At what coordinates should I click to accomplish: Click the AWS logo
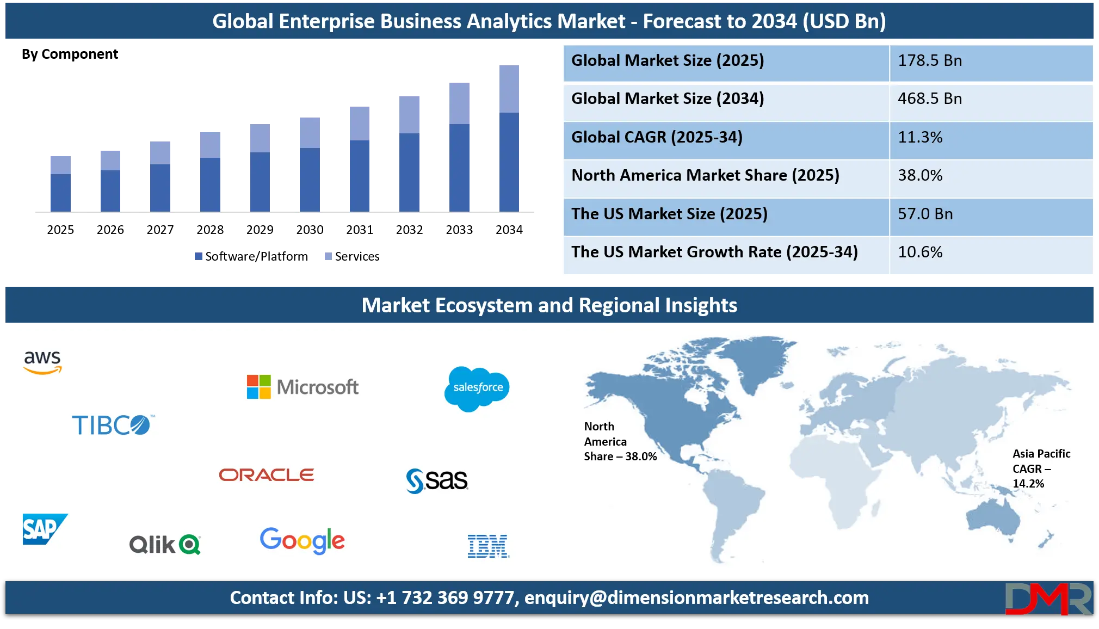pos(42,362)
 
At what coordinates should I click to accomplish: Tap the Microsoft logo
pos(302,387)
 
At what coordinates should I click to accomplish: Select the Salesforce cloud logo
pos(477,388)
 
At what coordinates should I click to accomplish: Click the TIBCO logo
pos(113,425)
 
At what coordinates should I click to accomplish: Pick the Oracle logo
pos(267,475)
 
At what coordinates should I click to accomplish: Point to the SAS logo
pos(437,480)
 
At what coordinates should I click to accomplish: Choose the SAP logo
pos(44,529)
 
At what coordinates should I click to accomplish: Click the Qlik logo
pos(165,544)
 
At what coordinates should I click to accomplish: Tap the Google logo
pos(302,540)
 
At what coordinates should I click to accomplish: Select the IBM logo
pos(488,546)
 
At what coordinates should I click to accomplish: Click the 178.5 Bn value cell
pos(930,60)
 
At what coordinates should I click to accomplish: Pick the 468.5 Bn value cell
pos(930,98)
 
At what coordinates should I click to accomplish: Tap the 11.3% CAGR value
pos(920,137)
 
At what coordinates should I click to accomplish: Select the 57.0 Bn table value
pos(925,214)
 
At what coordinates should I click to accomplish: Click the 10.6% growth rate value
pos(920,252)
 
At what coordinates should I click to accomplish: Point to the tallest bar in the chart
pos(509,139)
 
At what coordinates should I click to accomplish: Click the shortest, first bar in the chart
pos(60,182)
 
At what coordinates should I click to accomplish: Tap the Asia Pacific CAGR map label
pos(1041,468)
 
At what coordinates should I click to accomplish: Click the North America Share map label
pos(620,441)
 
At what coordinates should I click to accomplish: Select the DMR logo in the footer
pos(1048,599)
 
